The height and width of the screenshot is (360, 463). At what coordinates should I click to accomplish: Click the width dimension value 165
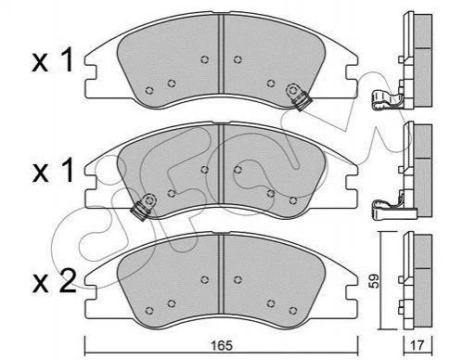(x=221, y=345)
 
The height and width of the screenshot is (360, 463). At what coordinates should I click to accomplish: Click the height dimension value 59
(x=375, y=280)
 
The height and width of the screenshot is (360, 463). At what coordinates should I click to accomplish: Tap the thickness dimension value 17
(x=418, y=345)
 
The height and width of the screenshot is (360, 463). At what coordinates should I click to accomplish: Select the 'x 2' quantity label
(x=54, y=281)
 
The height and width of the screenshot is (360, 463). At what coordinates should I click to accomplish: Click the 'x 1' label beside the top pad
(x=53, y=60)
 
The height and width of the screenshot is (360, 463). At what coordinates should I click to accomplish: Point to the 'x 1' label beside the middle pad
(x=53, y=170)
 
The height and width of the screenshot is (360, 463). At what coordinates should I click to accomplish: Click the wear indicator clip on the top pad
(x=298, y=96)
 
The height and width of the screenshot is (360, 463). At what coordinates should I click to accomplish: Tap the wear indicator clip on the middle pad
(x=144, y=206)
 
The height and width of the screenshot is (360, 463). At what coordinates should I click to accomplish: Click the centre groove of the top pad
(x=221, y=53)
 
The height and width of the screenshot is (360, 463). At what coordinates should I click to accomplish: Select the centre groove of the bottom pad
(x=221, y=274)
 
